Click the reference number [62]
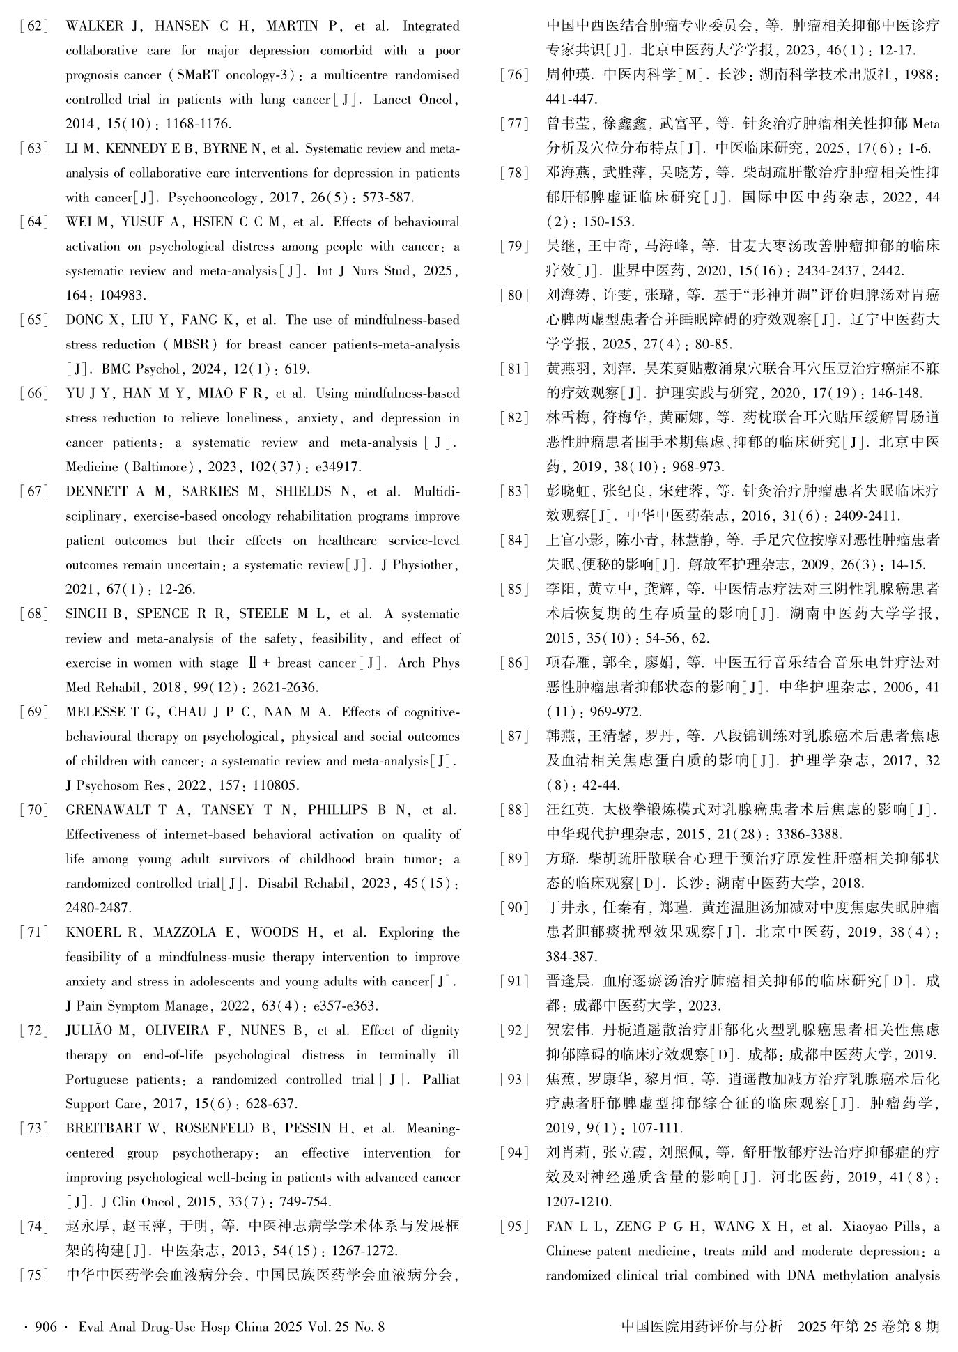click(33, 26)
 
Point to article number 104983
click(123, 295)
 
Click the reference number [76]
click(515, 75)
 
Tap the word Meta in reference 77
click(925, 125)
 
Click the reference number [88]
click(515, 810)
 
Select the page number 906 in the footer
click(45, 1327)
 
